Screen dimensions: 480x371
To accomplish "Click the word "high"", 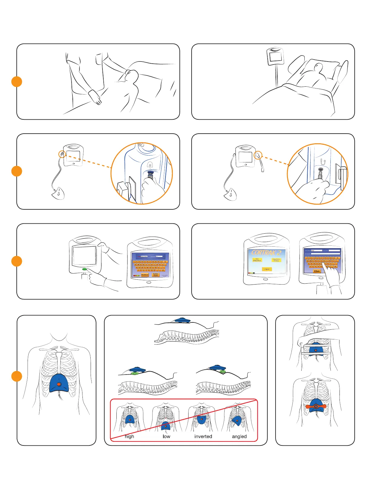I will click(129, 436).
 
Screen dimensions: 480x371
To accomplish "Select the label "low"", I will click(166, 436).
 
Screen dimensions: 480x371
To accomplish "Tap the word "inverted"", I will click(203, 436).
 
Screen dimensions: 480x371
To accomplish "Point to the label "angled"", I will click(239, 436).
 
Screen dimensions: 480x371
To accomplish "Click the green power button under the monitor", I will click(85, 269).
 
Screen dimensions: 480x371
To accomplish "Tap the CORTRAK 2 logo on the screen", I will click(266, 253).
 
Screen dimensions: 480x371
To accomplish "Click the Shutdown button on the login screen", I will click(145, 275).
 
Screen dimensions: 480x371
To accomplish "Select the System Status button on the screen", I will click(156, 275).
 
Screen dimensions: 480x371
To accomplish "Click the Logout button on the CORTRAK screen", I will click(267, 269).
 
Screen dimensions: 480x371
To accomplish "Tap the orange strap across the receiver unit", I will click(316, 406).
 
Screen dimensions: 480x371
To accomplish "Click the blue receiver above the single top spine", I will click(182, 320).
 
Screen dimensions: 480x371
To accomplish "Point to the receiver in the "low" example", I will click(166, 426).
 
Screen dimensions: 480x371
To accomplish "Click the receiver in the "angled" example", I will click(237, 421).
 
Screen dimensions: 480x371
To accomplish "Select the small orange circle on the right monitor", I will click(258, 155).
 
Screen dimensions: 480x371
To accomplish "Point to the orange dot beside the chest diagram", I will click(17, 376).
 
